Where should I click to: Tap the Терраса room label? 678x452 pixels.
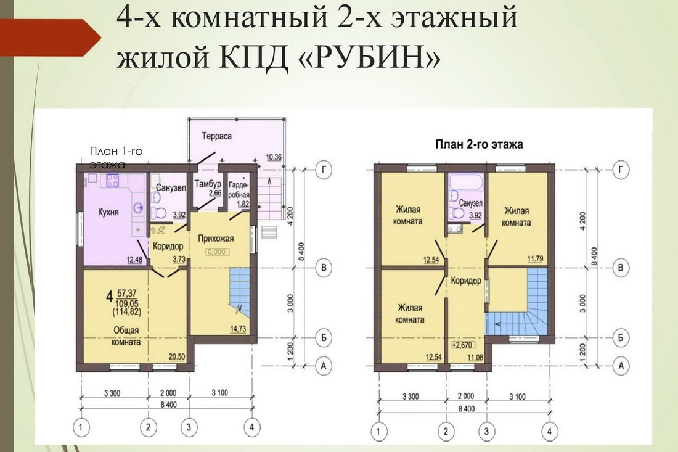point(216,136)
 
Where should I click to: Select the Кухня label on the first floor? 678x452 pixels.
point(108,212)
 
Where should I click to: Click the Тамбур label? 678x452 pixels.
point(208,184)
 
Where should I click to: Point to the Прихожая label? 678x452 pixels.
point(216,238)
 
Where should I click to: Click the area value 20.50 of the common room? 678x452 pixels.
point(176,357)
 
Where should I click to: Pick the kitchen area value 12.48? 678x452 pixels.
point(134,260)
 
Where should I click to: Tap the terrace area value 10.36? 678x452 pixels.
point(273,157)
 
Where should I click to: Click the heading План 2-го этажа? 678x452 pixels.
point(479,144)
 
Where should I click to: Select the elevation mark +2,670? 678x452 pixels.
point(463,345)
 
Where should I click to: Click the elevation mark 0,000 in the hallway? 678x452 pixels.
point(217,252)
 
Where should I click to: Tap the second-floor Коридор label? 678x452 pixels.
point(466,281)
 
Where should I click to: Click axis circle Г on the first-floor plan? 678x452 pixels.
point(324,169)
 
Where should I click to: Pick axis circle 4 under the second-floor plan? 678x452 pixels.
point(550,431)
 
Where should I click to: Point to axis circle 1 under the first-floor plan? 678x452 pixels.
point(80,428)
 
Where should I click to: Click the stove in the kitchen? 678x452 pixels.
point(113,180)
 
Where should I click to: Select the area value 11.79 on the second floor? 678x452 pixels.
point(535,259)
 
